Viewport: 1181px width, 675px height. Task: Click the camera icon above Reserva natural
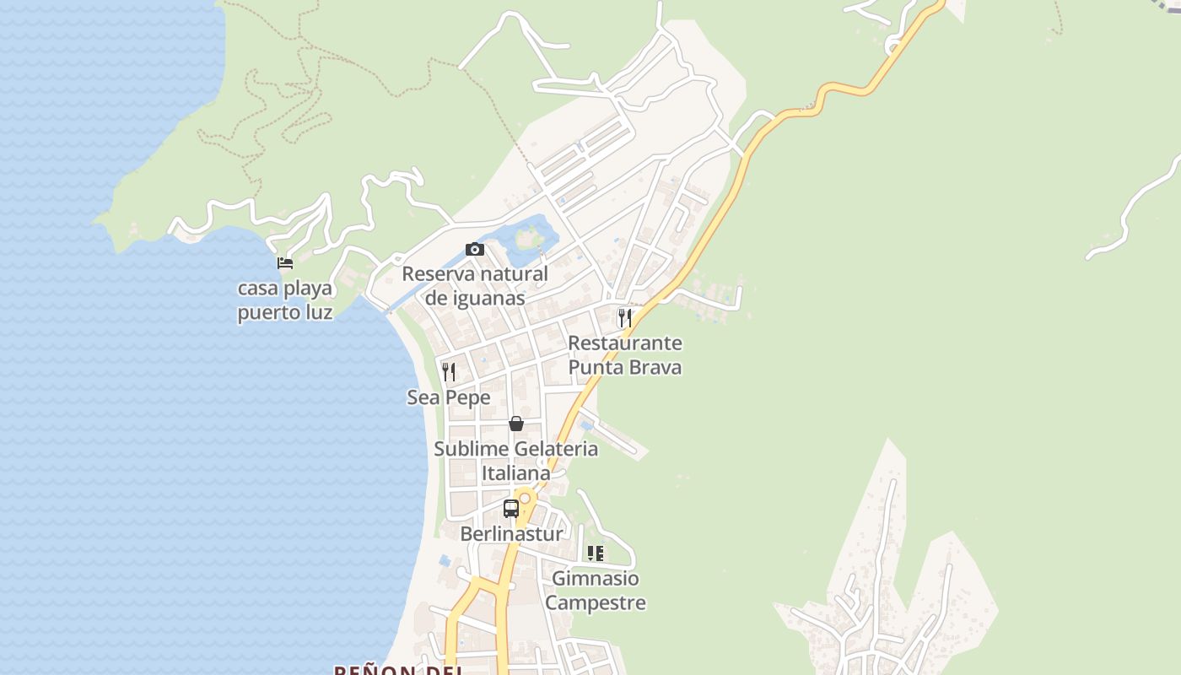coord(475,249)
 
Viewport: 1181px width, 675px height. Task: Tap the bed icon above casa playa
coord(285,263)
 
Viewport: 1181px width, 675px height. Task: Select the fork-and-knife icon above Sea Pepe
coord(449,371)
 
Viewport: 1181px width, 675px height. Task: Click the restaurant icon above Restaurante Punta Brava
coord(625,317)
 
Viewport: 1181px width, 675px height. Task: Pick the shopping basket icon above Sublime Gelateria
coord(516,423)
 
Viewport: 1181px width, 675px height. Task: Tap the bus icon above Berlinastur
coord(511,509)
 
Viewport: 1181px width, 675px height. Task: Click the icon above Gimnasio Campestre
coord(596,553)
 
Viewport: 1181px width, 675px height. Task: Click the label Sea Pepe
coord(449,397)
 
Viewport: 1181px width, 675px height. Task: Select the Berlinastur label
coord(511,534)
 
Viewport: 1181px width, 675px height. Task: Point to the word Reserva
coord(438,273)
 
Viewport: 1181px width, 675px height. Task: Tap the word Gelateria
coord(546,449)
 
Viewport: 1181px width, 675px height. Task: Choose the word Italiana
coord(515,473)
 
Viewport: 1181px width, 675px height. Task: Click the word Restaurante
coord(625,343)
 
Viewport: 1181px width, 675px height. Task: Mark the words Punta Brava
coord(625,368)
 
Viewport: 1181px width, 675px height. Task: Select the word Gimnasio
coord(596,579)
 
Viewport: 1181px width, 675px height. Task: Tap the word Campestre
coord(596,603)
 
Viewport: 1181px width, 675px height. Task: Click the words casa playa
coord(285,289)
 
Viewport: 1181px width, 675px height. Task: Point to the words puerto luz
coord(285,313)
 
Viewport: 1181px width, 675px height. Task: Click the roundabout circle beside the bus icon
coord(525,499)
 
